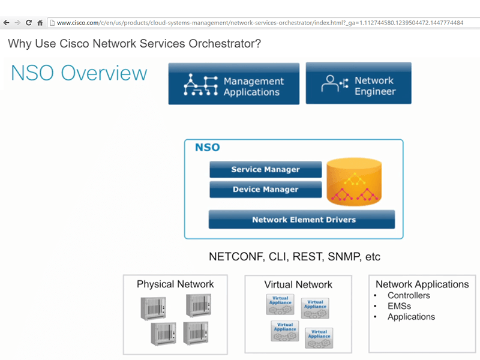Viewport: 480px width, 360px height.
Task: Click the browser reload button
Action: pyautogui.click(x=28, y=23)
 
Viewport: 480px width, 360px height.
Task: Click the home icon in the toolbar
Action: pyautogui.click(x=40, y=23)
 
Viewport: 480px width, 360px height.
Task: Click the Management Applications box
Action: pyautogui.click(x=233, y=84)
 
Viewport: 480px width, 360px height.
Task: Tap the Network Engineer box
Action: pyautogui.click(x=358, y=83)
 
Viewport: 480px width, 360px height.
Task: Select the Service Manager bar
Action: pyautogui.click(x=265, y=170)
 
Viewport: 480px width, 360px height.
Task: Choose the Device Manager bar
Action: pyautogui.click(x=265, y=190)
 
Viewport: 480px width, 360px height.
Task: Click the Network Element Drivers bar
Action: pyautogui.click(x=301, y=220)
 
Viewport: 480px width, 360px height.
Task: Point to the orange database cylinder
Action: pyautogui.click(x=354, y=182)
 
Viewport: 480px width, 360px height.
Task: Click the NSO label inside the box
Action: pyautogui.click(x=208, y=148)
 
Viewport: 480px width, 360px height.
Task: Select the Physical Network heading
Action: pyautogui.click(x=175, y=284)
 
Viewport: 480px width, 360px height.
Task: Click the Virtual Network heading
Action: pyautogui.click(x=298, y=284)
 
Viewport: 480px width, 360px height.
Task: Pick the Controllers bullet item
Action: pyautogui.click(x=409, y=295)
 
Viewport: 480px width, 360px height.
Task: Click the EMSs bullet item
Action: pyautogui.click(x=399, y=306)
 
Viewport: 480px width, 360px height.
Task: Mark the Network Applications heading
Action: pyautogui.click(x=422, y=284)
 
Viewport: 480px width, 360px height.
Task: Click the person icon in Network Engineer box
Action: pyautogui.click(x=331, y=84)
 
